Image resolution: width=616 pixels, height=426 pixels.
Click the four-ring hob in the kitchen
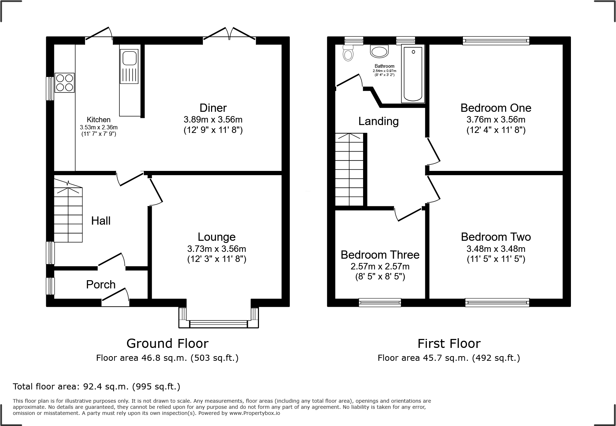(x=64, y=83)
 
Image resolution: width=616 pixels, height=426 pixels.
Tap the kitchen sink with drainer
(x=129, y=66)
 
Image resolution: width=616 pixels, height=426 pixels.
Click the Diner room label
(x=213, y=108)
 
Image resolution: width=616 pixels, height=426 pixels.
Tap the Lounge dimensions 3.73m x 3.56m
(x=216, y=249)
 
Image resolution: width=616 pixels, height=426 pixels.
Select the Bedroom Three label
(x=380, y=255)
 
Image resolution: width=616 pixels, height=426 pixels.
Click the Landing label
(x=378, y=121)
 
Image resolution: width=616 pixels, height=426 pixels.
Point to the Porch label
(x=101, y=284)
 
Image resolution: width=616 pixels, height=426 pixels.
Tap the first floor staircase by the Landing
(x=349, y=170)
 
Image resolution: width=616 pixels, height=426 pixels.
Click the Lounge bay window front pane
(x=218, y=324)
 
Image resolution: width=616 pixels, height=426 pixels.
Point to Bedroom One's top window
(x=496, y=40)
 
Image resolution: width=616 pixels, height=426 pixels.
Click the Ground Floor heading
(x=167, y=344)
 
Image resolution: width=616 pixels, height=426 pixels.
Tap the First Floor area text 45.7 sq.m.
(x=449, y=358)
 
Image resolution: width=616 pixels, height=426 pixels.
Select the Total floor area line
(x=97, y=387)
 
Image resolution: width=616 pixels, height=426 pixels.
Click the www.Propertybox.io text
(x=255, y=413)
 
